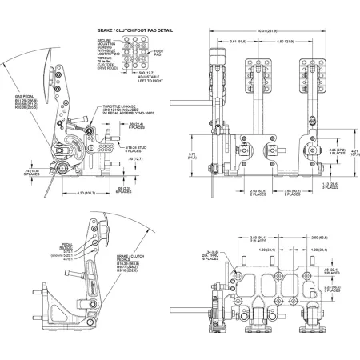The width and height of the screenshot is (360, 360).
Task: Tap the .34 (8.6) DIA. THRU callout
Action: pos(210,257)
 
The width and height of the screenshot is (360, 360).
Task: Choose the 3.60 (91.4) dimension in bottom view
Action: pos(260,238)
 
